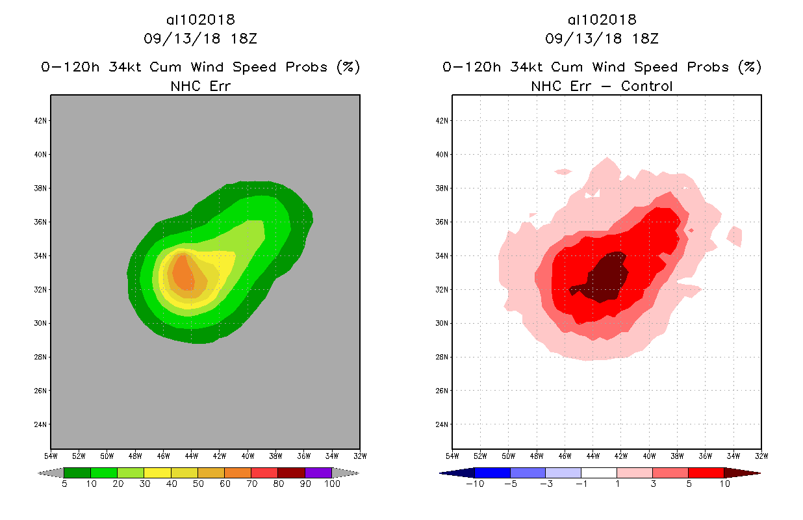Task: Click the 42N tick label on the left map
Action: point(42,121)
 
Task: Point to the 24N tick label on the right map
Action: point(443,424)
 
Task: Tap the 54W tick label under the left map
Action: point(51,455)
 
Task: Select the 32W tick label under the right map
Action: point(761,455)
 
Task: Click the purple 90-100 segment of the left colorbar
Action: point(318,473)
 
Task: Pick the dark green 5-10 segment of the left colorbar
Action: point(77,473)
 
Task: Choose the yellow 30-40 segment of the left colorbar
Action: point(157,473)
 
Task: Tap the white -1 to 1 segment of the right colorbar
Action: point(598,473)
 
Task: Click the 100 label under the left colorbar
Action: point(332,484)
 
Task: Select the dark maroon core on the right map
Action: point(605,278)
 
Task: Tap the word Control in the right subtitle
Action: point(646,86)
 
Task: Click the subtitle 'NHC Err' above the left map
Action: point(200,86)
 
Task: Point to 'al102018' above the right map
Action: point(602,19)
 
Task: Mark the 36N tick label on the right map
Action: point(443,222)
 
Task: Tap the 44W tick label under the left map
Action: point(191,455)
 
